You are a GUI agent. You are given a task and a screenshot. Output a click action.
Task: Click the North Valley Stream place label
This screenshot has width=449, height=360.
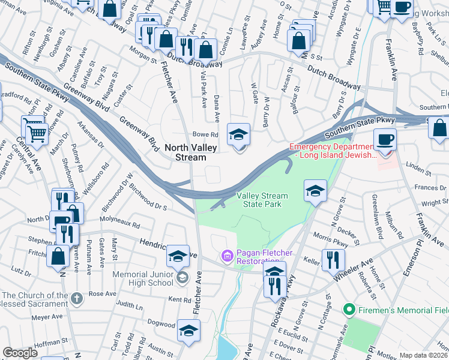pos(185,152)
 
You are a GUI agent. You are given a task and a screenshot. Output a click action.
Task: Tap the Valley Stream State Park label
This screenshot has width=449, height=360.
pos(261,200)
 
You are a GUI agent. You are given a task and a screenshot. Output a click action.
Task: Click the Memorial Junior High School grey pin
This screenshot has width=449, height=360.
pos(182,277)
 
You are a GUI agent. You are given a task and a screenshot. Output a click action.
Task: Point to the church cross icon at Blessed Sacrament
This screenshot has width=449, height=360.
pos(76,298)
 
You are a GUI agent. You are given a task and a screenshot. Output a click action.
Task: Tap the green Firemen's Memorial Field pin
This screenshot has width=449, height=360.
pos(347,310)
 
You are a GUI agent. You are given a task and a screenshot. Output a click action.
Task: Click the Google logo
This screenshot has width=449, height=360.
pos(20,353)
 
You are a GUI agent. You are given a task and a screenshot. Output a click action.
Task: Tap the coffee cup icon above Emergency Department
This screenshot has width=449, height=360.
pos(385,139)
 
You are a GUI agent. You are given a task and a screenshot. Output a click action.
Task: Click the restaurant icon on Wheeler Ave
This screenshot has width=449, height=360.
pos(330,260)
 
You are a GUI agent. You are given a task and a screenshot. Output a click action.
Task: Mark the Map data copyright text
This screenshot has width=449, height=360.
pos(423,355)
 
